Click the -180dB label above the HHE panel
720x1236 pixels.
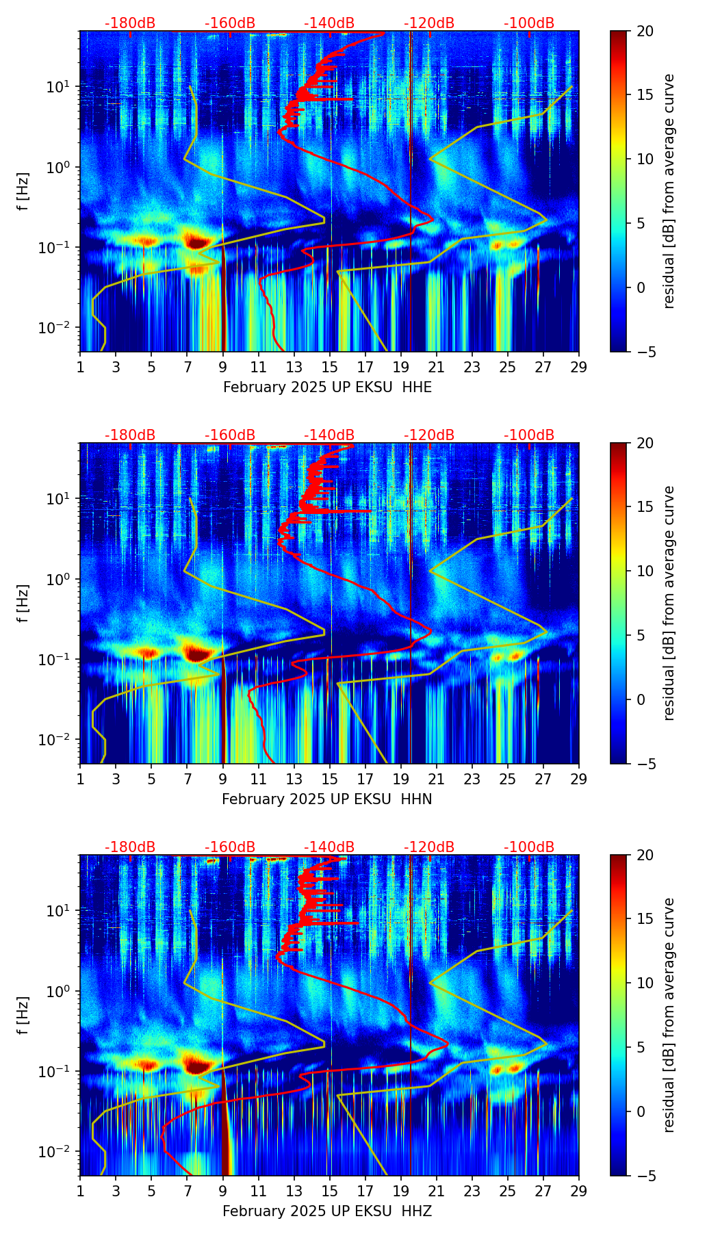click(130, 23)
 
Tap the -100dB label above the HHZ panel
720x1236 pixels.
click(529, 847)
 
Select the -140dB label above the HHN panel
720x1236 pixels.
click(329, 435)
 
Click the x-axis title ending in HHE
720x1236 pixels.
click(327, 387)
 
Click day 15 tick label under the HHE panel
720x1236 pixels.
click(330, 367)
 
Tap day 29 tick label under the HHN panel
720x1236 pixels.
click(578, 779)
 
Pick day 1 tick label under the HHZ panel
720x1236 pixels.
click(81, 1191)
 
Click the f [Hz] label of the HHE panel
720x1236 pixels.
click(23, 191)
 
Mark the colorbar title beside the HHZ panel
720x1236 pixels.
click(669, 1014)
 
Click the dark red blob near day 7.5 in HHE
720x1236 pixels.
click(197, 242)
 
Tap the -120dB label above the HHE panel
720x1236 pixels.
click(429, 23)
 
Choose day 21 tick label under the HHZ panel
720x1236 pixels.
click(437, 1191)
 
